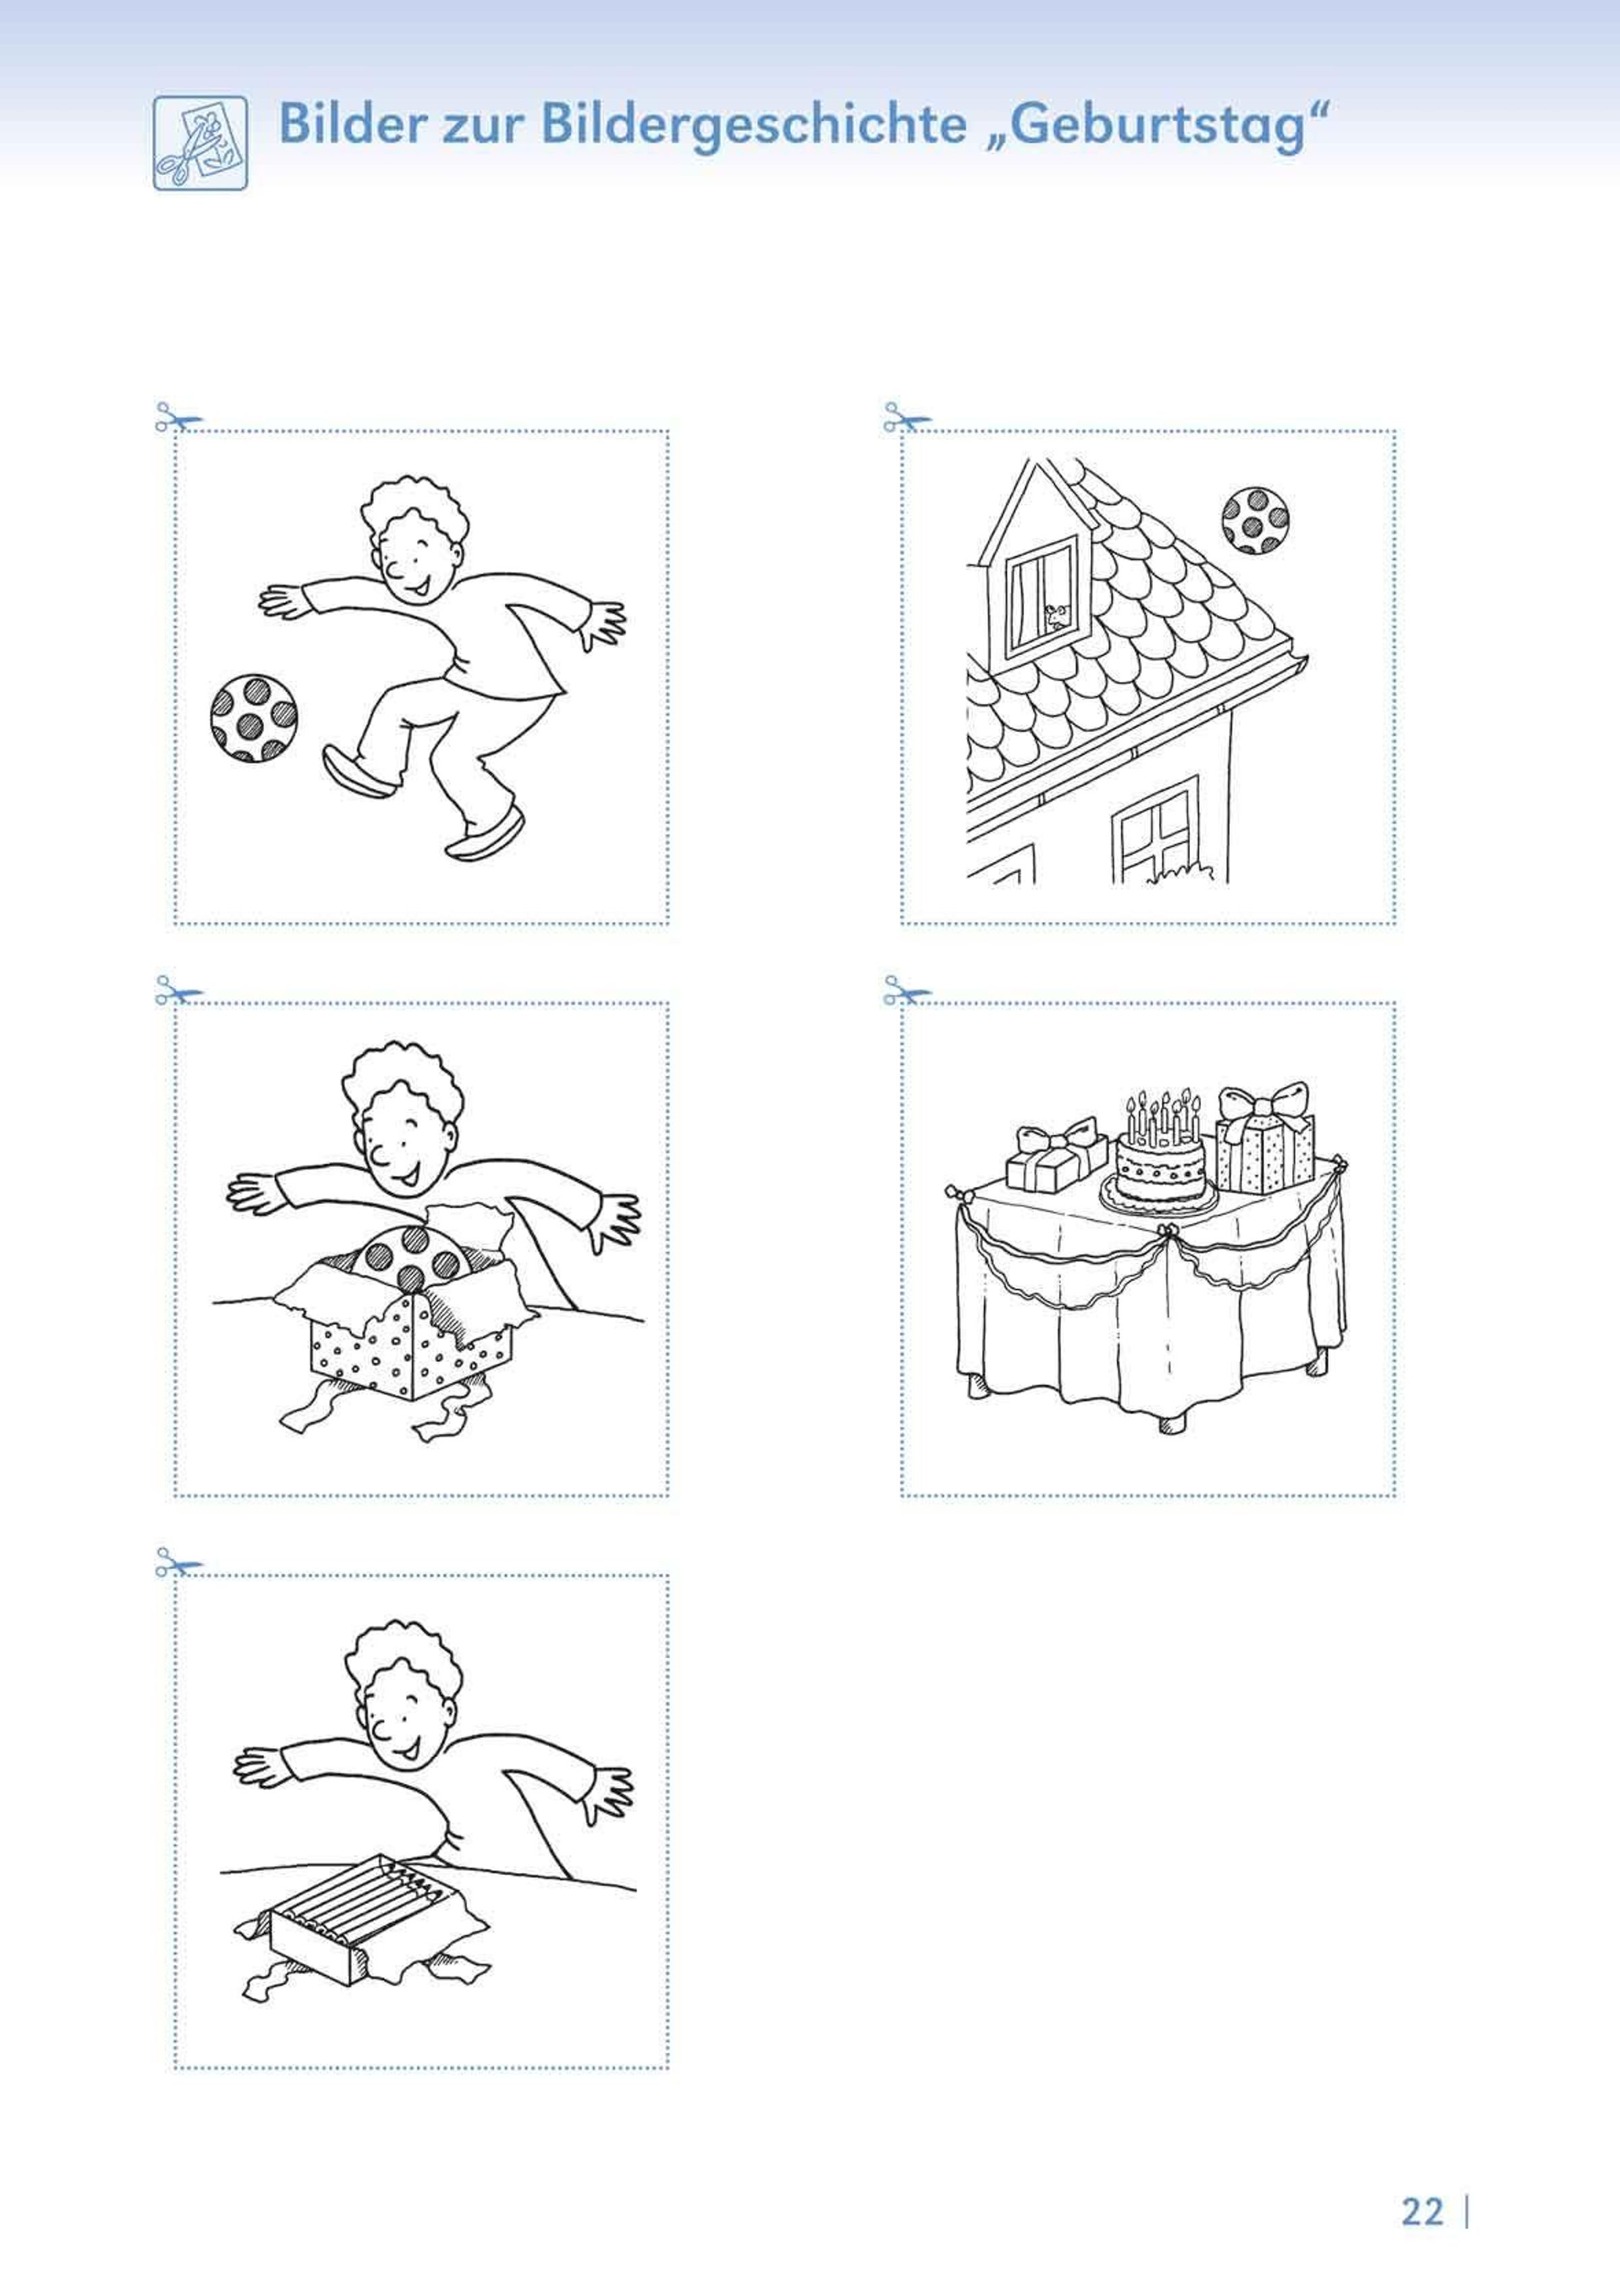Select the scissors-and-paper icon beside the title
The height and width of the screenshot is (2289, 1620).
[200, 142]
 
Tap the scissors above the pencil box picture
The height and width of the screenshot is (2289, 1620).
[179, 1562]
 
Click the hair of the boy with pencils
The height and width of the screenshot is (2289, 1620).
[404, 1654]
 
